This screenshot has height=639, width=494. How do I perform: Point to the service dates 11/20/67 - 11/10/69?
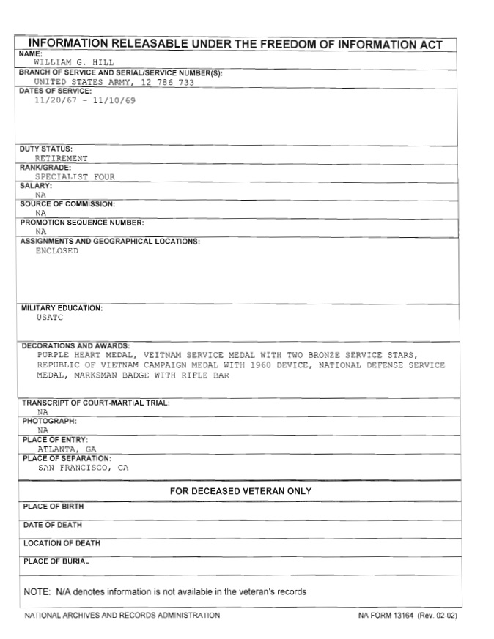84,100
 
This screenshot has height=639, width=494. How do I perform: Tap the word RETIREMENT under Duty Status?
61,158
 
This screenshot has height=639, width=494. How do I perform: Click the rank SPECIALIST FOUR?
75,176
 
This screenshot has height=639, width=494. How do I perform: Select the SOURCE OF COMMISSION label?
67,204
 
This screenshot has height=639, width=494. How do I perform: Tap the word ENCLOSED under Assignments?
56,250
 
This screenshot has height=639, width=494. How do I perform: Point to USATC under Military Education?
49,318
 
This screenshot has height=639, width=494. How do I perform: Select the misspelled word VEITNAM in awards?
164,355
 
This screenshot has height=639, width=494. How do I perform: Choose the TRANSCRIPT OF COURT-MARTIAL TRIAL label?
96,403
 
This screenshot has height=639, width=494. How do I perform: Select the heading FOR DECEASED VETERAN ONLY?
240,491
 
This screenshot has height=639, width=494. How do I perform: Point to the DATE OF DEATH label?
53,525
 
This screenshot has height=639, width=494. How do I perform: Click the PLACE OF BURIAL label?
56,561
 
